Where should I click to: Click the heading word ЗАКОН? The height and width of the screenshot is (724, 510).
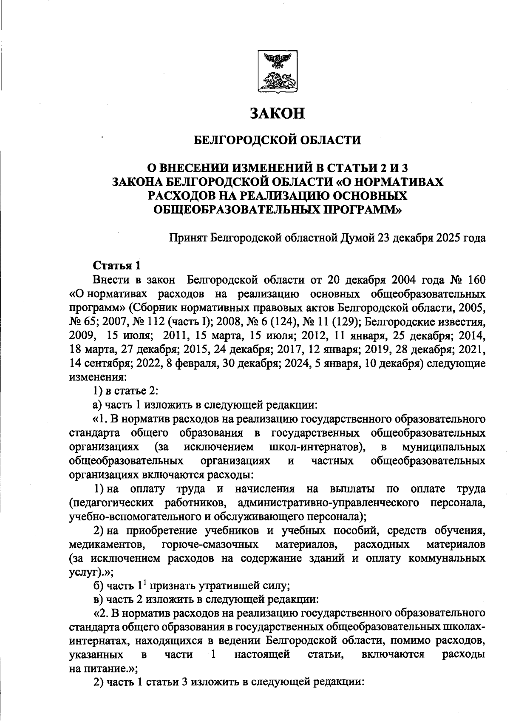click(x=277, y=114)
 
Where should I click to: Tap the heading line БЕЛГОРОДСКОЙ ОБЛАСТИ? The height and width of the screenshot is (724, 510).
click(x=277, y=140)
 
